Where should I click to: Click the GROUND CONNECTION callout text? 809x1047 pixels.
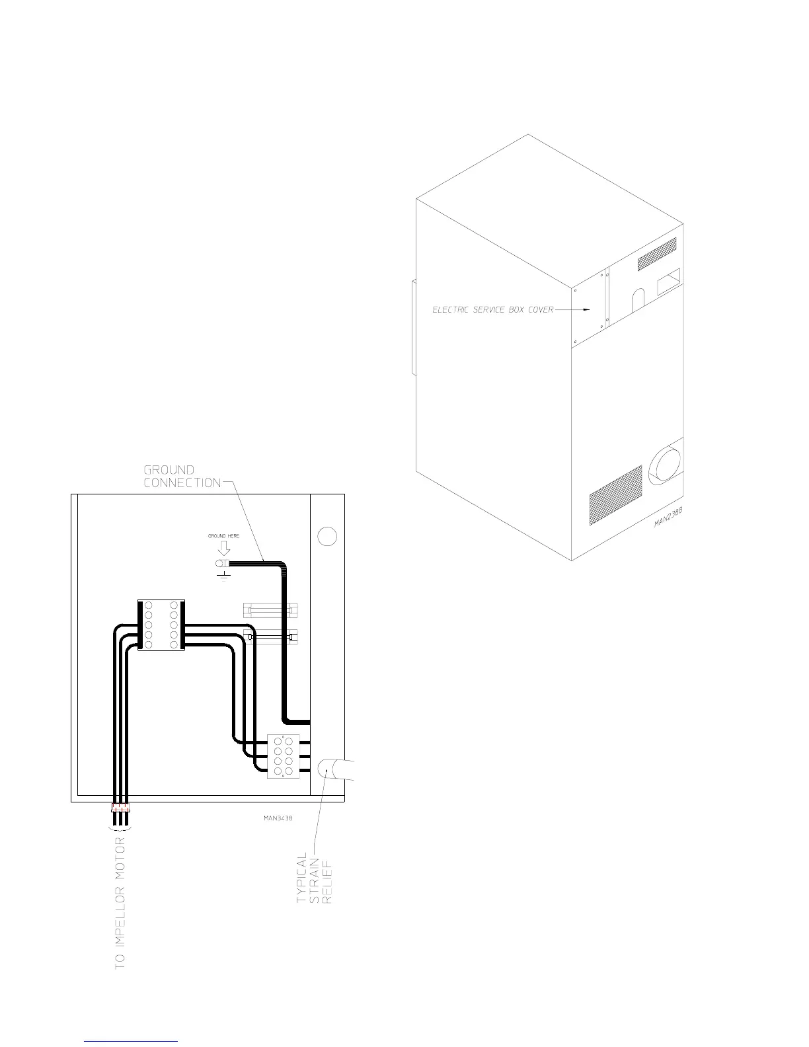pyautogui.click(x=182, y=476)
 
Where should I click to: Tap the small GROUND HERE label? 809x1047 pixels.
pyautogui.click(x=224, y=536)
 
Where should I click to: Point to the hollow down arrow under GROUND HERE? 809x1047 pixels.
pyautogui.click(x=224, y=548)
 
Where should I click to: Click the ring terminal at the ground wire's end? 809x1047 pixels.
pyautogui.click(x=220, y=564)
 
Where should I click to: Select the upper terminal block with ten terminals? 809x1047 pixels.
pyautogui.click(x=161, y=625)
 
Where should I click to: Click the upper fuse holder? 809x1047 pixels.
pyautogui.click(x=272, y=608)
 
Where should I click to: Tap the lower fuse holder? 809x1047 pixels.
pyautogui.click(x=272, y=637)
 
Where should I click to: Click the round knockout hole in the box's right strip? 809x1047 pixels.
pyautogui.click(x=327, y=536)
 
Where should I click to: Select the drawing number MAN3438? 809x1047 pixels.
pyautogui.click(x=273, y=818)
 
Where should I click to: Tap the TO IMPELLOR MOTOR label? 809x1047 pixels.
pyautogui.click(x=120, y=906)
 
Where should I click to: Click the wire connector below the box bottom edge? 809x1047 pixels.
pyautogui.click(x=121, y=808)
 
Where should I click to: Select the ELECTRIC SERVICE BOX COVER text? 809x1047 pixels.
pyautogui.click(x=492, y=309)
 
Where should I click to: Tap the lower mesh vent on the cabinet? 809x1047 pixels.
pyautogui.click(x=615, y=495)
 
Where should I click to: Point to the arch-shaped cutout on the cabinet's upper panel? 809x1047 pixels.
pyautogui.click(x=636, y=301)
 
